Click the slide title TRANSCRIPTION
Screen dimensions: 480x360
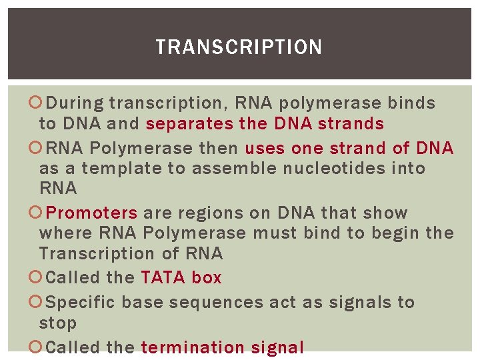point(239,47)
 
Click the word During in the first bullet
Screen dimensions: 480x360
point(75,103)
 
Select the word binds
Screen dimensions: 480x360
point(412,103)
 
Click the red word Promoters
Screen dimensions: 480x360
point(92,213)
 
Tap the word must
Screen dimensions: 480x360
point(275,233)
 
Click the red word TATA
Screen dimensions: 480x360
point(163,278)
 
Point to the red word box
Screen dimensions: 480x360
point(207,278)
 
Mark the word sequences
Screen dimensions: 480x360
point(216,303)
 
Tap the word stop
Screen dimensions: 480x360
point(58,323)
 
